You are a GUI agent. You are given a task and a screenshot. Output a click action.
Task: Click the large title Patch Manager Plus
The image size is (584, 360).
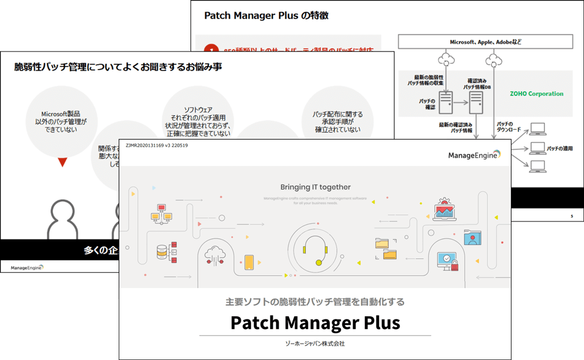pos(315,323)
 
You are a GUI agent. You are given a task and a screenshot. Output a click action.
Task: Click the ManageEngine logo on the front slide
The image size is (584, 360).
pos(474,154)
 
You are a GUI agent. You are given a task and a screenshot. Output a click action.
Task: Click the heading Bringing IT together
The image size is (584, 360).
pos(315,188)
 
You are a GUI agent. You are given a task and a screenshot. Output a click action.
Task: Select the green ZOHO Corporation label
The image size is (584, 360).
pos(536,94)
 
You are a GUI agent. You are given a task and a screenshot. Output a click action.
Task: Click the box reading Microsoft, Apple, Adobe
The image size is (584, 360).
pos(485,42)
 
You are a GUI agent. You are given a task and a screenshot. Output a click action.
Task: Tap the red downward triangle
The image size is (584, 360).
pos(62,162)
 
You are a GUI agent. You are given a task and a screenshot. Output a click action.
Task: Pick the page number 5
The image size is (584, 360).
pos(571,216)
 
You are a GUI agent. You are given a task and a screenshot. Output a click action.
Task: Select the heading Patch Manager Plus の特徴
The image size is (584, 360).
pos(266,16)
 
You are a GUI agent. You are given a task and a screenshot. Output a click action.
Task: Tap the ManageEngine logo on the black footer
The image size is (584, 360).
pos(27,268)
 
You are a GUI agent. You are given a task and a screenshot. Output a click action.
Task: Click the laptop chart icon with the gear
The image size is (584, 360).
pos(444,209)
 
